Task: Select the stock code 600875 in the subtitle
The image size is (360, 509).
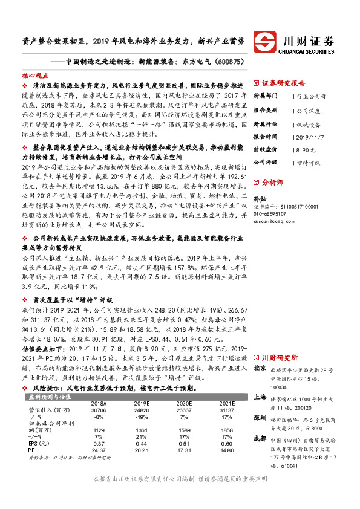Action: tap(228, 61)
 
